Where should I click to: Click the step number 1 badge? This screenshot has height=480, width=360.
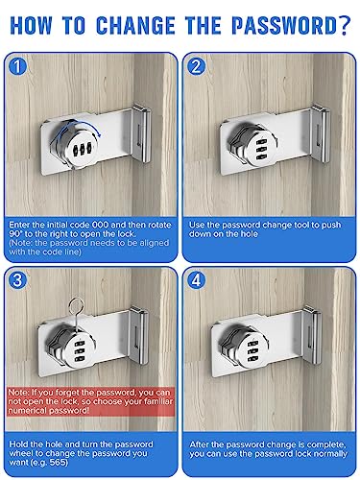point(18,66)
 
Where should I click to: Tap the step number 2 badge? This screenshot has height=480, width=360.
point(196,66)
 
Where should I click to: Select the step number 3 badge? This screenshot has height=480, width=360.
point(18,280)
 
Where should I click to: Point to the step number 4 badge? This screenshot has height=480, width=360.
point(196,280)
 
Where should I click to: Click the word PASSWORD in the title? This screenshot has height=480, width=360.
point(284,26)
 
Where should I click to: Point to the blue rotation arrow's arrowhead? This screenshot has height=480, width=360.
point(100,134)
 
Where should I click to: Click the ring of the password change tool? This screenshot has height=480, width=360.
point(77,306)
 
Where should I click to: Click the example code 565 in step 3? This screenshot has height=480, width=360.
point(59,463)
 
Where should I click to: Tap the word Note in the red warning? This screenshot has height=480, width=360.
point(18,393)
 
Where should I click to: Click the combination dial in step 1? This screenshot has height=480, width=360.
point(76,145)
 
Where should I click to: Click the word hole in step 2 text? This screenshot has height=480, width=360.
point(249,234)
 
